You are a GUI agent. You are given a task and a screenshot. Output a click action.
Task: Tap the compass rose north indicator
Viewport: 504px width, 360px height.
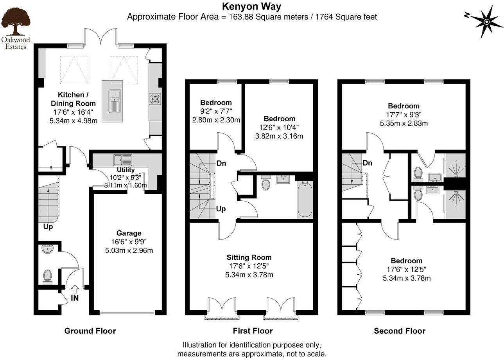click(486, 22)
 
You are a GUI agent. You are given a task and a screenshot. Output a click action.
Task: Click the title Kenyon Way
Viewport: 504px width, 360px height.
click(251, 6)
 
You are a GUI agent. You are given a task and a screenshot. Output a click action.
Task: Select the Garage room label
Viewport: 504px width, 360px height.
click(129, 233)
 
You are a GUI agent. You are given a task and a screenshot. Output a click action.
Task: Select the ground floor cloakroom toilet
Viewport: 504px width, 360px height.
click(48, 276)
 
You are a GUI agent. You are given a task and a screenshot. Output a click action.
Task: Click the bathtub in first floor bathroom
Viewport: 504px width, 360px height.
click(305, 200)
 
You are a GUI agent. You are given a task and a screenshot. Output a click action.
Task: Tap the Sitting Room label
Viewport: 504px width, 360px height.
click(249, 257)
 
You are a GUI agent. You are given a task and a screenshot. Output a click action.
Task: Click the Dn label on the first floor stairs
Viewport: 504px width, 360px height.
click(221, 164)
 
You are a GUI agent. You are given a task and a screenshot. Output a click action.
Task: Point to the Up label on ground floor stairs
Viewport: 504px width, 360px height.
click(48, 227)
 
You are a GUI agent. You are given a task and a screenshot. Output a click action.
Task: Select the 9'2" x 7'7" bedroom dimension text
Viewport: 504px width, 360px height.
click(215, 112)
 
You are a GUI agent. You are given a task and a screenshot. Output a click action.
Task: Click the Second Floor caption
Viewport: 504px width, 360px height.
click(399, 331)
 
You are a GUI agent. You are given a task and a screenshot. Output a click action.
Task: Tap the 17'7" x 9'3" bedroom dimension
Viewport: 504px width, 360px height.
click(404, 115)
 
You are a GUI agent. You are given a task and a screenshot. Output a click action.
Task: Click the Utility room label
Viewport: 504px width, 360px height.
click(126, 170)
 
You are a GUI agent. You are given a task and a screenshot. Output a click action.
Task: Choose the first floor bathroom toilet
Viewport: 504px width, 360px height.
click(266, 184)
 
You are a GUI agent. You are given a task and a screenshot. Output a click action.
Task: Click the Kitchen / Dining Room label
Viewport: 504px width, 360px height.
click(73, 99)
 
